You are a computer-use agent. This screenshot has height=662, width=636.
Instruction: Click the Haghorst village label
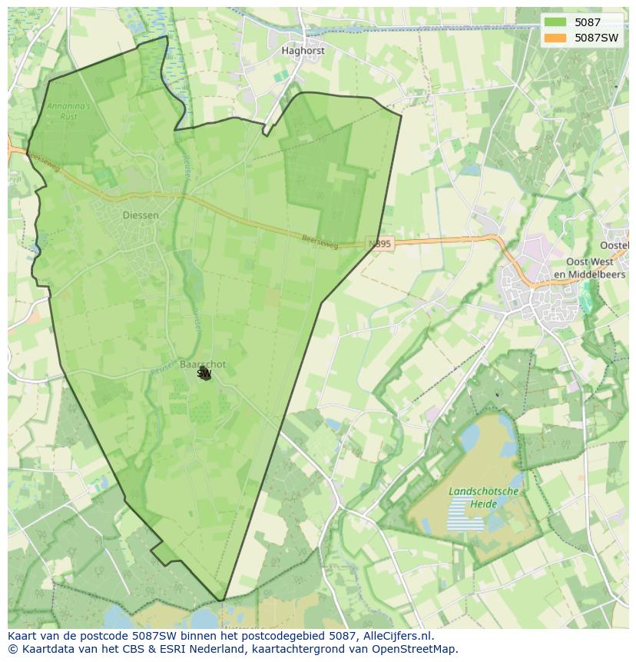coord(303,51)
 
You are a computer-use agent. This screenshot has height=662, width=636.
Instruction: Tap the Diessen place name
coord(141,215)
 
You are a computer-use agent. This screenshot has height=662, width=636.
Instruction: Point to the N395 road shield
coord(379,244)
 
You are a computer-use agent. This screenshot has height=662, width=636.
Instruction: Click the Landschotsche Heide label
coord(484,497)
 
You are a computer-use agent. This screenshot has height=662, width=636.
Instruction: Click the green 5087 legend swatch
coord(555,22)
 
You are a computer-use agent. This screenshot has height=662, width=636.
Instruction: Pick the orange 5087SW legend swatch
coord(555,37)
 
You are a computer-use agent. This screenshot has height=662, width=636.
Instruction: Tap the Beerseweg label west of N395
coord(320,240)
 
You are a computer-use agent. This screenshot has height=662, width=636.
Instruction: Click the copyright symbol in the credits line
coord(12,649)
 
